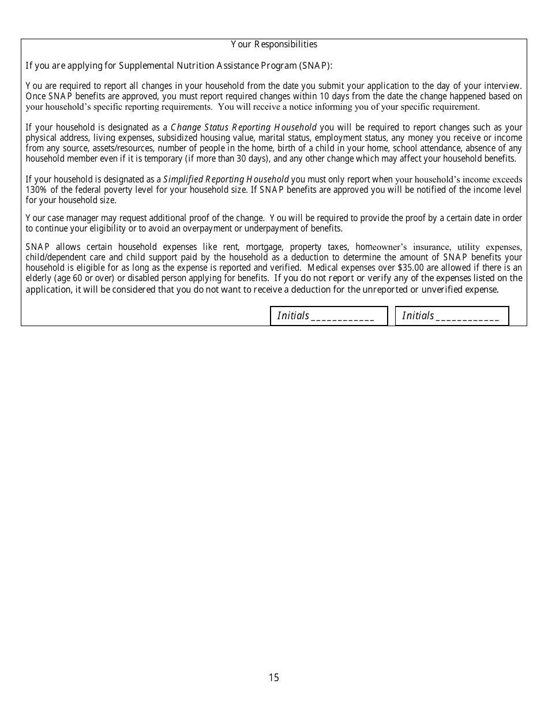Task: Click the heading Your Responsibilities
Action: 274,44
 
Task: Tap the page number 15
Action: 273,678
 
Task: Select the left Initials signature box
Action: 329,316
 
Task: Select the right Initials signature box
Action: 452,316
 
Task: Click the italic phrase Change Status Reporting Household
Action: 243,128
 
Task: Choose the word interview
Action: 504,86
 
